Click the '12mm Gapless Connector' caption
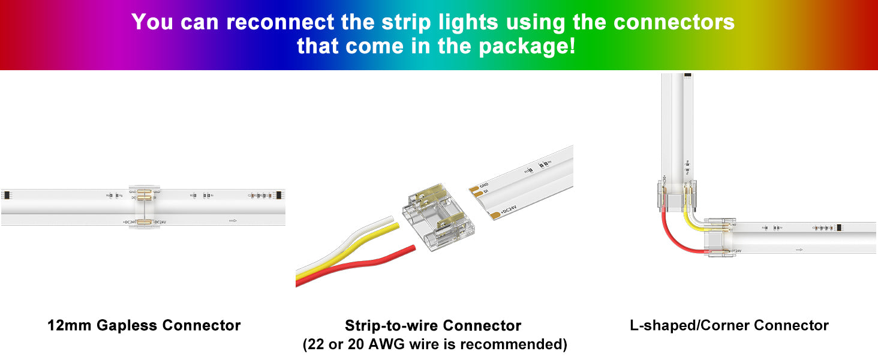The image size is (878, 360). point(144,326)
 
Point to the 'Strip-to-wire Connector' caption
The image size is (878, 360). point(433,326)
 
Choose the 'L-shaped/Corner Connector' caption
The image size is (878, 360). point(729,326)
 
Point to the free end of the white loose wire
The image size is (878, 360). point(389,220)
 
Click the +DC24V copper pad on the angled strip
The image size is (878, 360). point(494,214)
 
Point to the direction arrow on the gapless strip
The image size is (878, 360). point(233,221)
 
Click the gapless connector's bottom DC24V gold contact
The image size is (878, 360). point(143,222)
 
